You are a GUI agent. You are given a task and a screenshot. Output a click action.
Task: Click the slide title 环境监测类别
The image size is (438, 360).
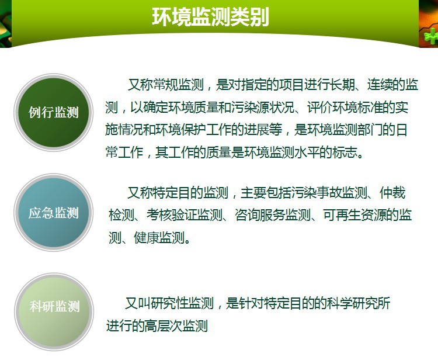(x=210, y=17)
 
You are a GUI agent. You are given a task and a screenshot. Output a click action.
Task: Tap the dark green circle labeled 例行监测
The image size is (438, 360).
(x=54, y=112)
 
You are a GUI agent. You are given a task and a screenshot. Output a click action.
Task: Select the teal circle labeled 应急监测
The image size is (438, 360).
(x=54, y=212)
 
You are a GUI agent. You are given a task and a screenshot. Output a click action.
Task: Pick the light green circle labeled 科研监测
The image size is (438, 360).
(x=54, y=311)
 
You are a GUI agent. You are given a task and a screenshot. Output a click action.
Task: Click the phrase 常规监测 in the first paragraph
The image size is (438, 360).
(x=178, y=84)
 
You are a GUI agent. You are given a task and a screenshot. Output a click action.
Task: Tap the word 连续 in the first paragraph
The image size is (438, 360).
(x=380, y=84)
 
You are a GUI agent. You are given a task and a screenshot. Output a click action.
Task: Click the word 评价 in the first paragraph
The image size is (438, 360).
(x=320, y=108)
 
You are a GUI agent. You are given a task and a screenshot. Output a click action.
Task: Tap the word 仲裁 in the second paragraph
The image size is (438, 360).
(x=392, y=193)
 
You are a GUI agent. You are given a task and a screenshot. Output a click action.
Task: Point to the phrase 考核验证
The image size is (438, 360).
(x=172, y=215)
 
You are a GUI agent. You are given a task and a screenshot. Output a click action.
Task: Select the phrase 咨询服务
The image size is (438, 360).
(x=260, y=215)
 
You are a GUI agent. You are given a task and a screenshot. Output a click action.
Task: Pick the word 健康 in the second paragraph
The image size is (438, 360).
(x=147, y=238)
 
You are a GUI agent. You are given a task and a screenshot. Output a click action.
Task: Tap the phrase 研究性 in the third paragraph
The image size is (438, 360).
(x=169, y=303)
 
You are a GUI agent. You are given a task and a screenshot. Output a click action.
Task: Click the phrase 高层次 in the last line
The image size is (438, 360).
(x=163, y=326)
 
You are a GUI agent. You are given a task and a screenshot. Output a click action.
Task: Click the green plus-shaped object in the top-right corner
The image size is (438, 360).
(x=432, y=36)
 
